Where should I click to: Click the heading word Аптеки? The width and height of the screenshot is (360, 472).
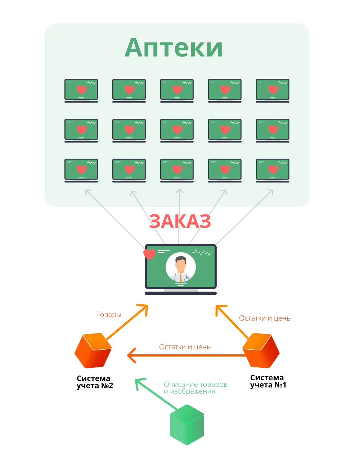(x=174, y=48)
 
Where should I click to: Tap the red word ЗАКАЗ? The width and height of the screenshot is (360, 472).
(x=180, y=221)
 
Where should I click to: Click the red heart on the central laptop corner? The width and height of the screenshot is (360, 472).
(x=149, y=254)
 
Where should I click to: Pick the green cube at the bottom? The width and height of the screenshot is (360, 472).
(x=187, y=425)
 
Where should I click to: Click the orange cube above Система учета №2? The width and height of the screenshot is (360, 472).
(x=93, y=351)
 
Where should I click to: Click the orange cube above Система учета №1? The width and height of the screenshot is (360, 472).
(x=261, y=351)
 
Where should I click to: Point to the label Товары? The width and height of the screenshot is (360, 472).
(x=109, y=314)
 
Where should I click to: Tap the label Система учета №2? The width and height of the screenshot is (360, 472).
(x=95, y=382)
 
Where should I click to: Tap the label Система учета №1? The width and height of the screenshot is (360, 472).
(x=268, y=381)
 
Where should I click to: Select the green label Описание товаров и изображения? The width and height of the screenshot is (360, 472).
(x=195, y=388)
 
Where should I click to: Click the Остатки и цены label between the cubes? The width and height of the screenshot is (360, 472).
(x=185, y=347)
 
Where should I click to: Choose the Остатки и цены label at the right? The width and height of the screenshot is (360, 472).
(x=265, y=318)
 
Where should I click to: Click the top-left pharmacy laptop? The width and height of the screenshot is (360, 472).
(x=81, y=91)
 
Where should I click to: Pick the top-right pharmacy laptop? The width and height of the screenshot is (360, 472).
(x=273, y=91)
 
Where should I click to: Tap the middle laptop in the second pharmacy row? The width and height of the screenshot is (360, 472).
(x=177, y=131)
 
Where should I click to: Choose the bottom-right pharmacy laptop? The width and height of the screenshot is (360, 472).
(x=273, y=171)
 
